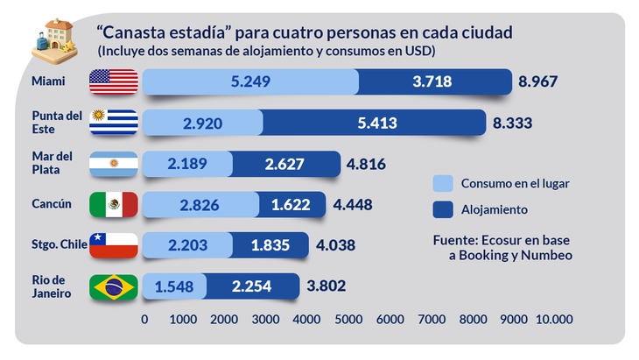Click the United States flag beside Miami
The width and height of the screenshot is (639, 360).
tap(114, 82)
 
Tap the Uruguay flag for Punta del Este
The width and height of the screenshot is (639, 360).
tap(114, 123)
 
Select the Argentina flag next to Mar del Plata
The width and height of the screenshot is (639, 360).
tap(114, 164)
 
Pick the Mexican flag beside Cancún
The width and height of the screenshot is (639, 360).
tap(114, 205)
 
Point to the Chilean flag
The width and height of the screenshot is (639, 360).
tap(114, 245)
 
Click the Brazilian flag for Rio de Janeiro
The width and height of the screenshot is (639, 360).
tap(114, 286)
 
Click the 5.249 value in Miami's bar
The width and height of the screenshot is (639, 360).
tap(250, 82)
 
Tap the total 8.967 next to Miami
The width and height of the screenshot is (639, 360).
tap(538, 82)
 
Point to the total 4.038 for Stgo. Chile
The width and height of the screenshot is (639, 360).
tap(334, 245)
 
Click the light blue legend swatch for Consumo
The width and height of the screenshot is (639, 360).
tap(443, 183)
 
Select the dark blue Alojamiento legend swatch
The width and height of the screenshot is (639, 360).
tap(443, 209)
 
